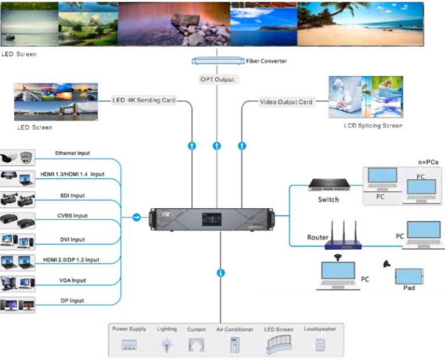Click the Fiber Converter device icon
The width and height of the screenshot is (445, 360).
tap(217, 60)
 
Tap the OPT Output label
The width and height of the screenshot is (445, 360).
tap(217, 79)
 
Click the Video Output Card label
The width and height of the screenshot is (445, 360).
tap(286, 102)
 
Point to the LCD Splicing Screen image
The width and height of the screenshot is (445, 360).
tap(365, 97)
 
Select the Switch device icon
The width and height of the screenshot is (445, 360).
tap(328, 185)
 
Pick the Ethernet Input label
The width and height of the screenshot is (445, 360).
tap(72, 153)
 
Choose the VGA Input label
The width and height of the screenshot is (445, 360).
tap(71, 280)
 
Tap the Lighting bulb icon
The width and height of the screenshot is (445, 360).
tap(167, 345)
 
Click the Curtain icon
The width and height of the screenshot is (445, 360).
tap(196, 345)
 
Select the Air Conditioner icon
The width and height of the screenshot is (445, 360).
tap(235, 344)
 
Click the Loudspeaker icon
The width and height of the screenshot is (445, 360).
tap(319, 344)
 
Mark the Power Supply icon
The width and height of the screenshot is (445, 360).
tap(129, 346)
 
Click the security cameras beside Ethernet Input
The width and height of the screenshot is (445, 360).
tap(17, 157)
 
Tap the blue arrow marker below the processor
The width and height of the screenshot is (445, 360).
tap(220, 272)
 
